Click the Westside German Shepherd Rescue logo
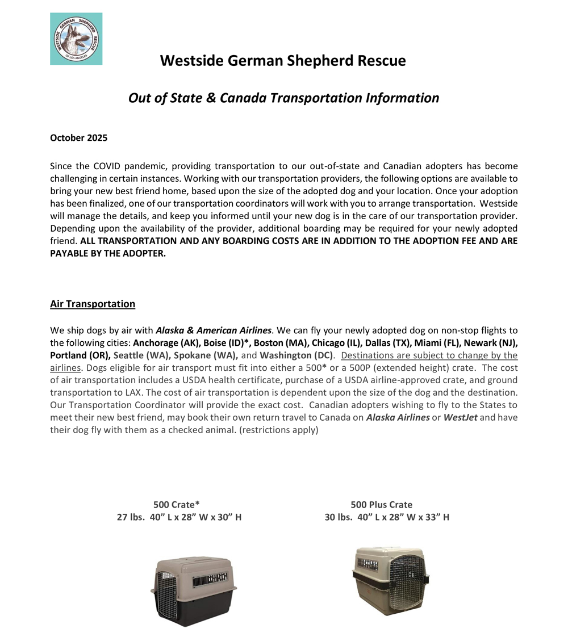pyautogui.click(x=76, y=39)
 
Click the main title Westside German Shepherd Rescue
pyautogui.click(x=283, y=60)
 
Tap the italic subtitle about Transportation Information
pyautogui.click(x=283, y=98)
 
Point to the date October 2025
pyautogui.click(x=78, y=138)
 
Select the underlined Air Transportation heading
pyautogui.click(x=93, y=304)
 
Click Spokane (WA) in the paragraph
pyautogui.click(x=206, y=355)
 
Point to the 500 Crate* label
pyautogui.click(x=177, y=504)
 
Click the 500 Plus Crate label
pyautogui.click(x=382, y=504)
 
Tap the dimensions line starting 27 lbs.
pyautogui.click(x=179, y=517)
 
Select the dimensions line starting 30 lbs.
pyautogui.click(x=387, y=517)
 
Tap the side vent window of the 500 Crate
pyautogui.click(x=210, y=580)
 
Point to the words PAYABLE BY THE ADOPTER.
pyautogui.click(x=108, y=253)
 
